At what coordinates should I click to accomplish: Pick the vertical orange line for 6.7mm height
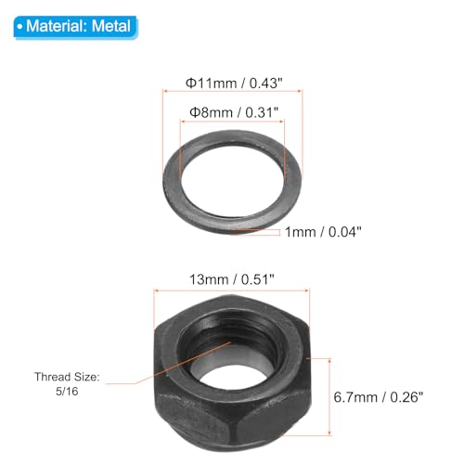pyautogui.click(x=326, y=371)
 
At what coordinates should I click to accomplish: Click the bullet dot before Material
pyautogui.click(x=20, y=26)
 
